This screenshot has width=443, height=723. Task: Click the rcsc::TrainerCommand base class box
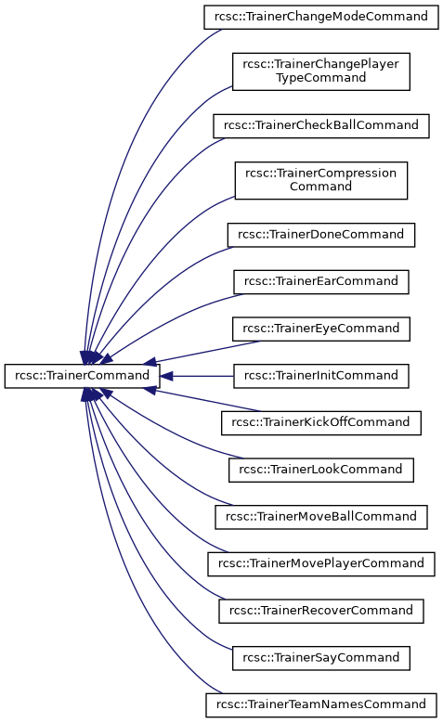pyautogui.click(x=82, y=376)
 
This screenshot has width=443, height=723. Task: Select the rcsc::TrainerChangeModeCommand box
pyautogui.click(x=321, y=17)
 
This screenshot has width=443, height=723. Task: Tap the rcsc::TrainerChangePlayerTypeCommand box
pyautogui.click(x=321, y=71)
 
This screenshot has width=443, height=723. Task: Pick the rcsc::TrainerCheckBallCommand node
pyautogui.click(x=321, y=126)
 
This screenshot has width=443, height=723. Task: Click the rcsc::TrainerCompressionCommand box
pyautogui.click(x=321, y=180)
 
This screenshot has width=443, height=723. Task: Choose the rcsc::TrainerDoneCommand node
pyautogui.click(x=321, y=235)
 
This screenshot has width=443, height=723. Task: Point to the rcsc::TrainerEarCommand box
pyautogui.click(x=321, y=282)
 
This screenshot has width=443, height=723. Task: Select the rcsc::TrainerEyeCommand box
pyautogui.click(x=321, y=329)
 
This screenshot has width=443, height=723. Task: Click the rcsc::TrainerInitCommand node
pyautogui.click(x=321, y=376)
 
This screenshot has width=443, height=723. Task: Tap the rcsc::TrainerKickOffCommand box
pyautogui.click(x=321, y=423)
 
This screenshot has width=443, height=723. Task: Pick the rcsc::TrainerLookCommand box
pyautogui.click(x=321, y=470)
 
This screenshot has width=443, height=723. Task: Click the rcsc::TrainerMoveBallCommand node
pyautogui.click(x=321, y=517)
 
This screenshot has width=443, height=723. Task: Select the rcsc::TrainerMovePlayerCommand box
pyautogui.click(x=321, y=564)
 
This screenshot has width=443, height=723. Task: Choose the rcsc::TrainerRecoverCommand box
pyautogui.click(x=321, y=611)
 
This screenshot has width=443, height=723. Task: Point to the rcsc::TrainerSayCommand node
pyautogui.click(x=321, y=658)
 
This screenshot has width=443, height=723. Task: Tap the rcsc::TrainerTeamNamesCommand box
pyautogui.click(x=321, y=705)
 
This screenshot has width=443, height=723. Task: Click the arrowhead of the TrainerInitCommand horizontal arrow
pyautogui.click(x=166, y=376)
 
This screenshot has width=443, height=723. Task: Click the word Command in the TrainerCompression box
pyautogui.click(x=320, y=187)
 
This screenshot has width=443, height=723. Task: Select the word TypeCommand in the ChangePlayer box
pyautogui.click(x=320, y=78)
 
